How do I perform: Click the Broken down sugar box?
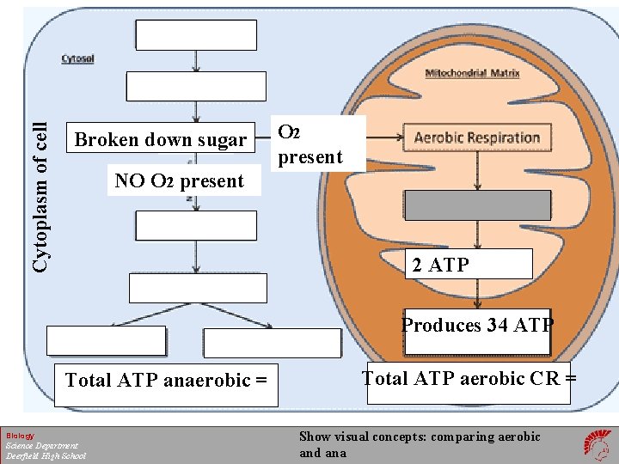point(160,140)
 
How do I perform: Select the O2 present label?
point(309,144)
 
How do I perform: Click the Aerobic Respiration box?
point(476,137)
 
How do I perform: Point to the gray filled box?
point(477,205)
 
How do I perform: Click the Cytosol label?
point(77,59)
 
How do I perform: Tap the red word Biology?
point(20,436)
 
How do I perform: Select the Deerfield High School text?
point(46,455)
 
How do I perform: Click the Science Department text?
point(41,445)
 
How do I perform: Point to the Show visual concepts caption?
point(419,444)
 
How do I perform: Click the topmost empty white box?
point(196,35)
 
